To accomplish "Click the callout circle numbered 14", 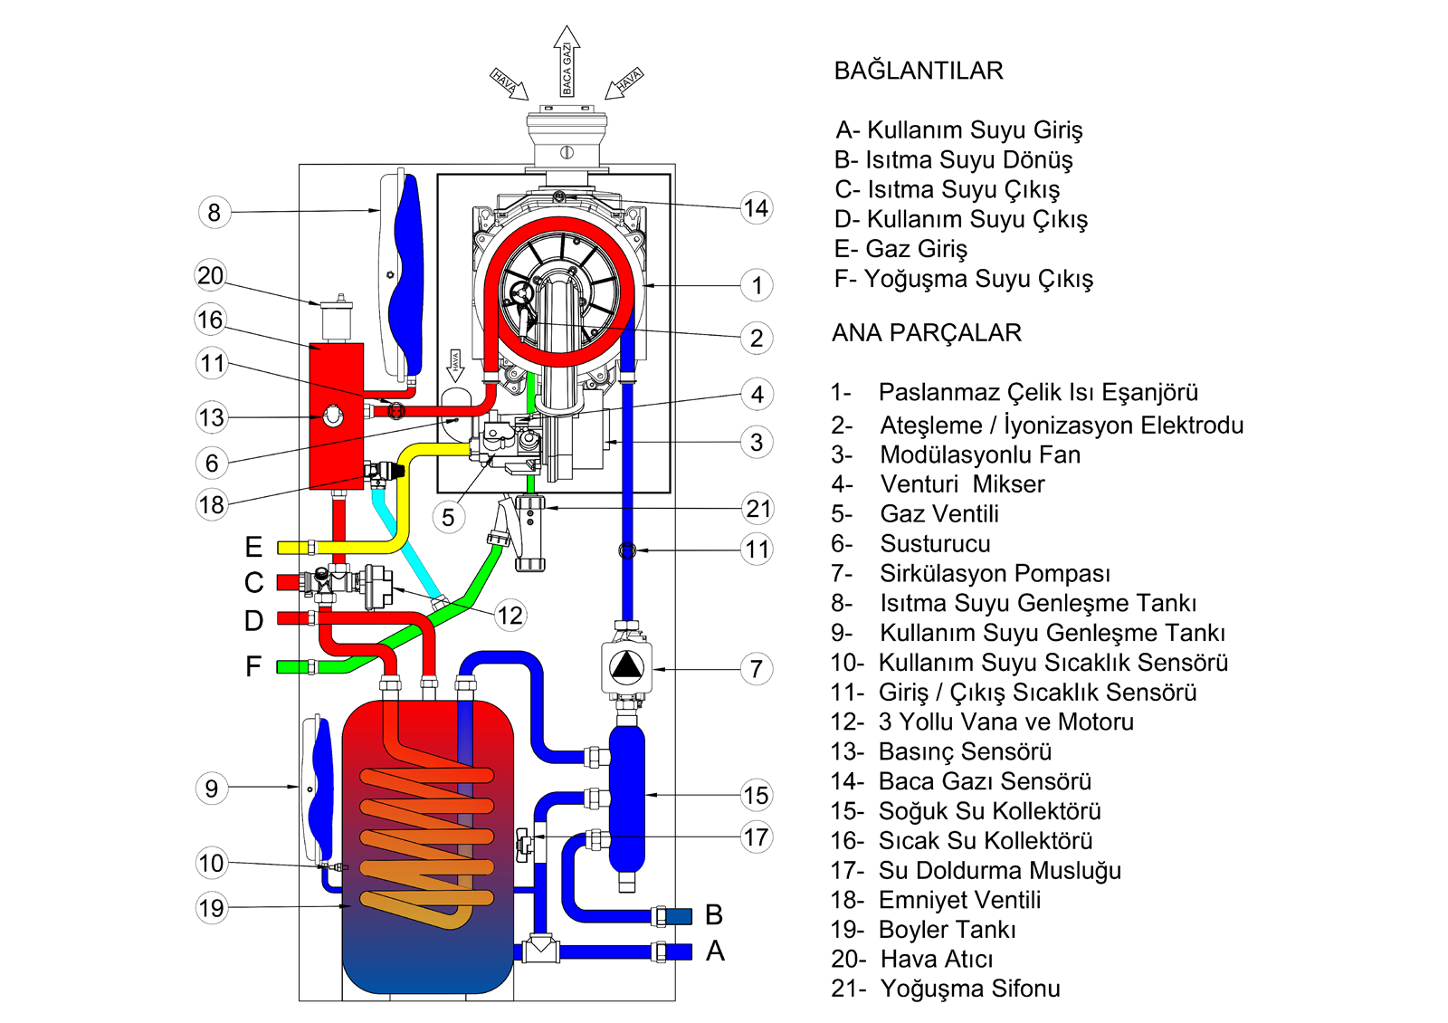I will pos(756,209).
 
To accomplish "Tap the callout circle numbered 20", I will pos(211,275).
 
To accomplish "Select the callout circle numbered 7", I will pos(757,670).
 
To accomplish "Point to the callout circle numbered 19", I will pos(212,908).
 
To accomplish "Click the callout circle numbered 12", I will pos(510,617).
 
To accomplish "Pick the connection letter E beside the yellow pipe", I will pos(253,547).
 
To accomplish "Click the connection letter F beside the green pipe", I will pos(253,667).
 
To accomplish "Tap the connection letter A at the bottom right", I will pos(715,951).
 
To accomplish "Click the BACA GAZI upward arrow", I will pos(567,63).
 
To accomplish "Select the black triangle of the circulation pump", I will pos(626,667).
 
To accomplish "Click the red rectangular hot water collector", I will pos(337,416).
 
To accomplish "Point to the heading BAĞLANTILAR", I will pos(919,71).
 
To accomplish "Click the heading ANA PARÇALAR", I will pos(927,333).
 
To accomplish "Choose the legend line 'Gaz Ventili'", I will pos(939,514).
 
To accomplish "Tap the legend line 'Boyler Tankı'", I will pos(947,930).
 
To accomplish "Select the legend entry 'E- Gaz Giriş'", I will pos(900,249).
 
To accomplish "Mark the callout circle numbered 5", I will pos(448,518).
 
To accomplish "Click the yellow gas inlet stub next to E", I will pos(295,547).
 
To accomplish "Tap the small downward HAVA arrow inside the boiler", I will pos(455,365).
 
